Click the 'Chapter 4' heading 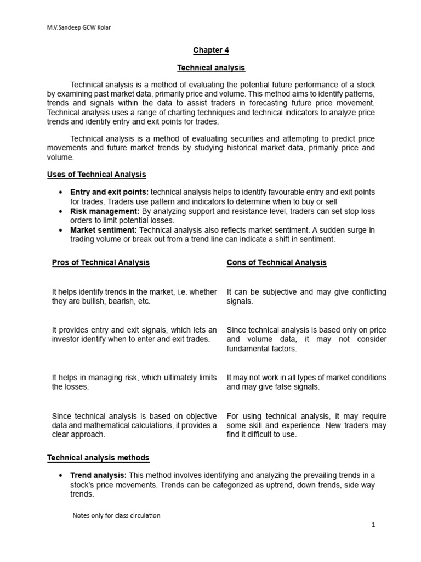click(x=210, y=50)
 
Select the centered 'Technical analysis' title click(x=210, y=68)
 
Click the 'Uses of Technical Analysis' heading click(x=96, y=175)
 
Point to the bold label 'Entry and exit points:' click(x=109, y=192)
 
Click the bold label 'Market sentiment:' click(x=104, y=230)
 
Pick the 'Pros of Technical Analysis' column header click(x=100, y=262)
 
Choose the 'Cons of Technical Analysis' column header click(x=276, y=262)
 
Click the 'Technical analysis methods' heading click(x=98, y=458)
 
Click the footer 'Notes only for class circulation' click(x=116, y=515)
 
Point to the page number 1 click(x=373, y=525)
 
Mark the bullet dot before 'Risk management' click(x=59, y=211)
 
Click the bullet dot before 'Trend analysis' click(x=59, y=476)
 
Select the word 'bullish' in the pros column click(x=87, y=301)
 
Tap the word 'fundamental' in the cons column click(x=246, y=349)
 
